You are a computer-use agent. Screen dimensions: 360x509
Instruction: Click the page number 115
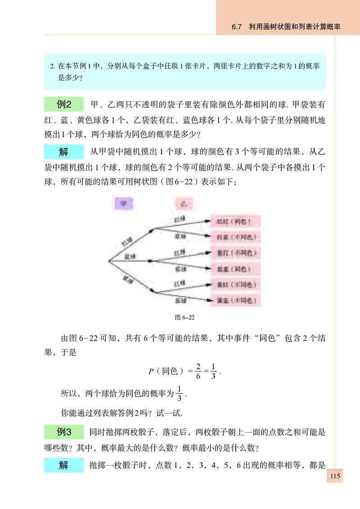[x=335, y=477]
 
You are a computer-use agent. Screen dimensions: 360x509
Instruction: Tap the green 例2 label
[x=63, y=105]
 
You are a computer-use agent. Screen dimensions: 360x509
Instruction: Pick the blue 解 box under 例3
[x=63, y=465]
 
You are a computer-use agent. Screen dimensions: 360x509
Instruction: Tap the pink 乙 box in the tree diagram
[x=183, y=203]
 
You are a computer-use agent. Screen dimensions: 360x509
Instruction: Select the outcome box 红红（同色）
[x=236, y=221]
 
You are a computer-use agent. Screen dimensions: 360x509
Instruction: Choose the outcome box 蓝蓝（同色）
[x=236, y=269]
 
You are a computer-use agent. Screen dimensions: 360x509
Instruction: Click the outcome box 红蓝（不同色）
[x=236, y=237]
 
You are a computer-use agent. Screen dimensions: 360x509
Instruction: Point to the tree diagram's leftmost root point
[x=108, y=261]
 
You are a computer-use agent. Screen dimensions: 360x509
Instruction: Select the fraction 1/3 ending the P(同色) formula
[x=213, y=371]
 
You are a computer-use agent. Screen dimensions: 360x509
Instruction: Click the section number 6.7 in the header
[x=237, y=27]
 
